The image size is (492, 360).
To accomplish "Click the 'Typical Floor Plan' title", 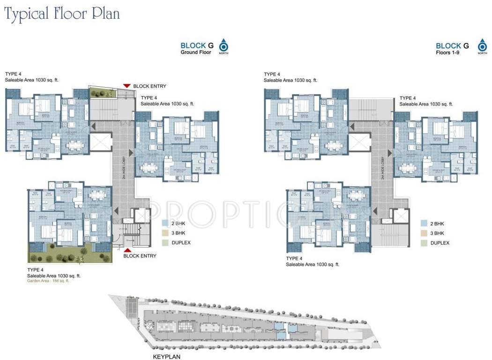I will click(x=62, y=14).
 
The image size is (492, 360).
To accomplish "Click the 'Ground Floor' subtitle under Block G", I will click(x=196, y=52).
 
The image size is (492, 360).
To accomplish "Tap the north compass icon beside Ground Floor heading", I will click(x=224, y=46).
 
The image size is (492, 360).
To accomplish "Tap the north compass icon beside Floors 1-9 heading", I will click(x=482, y=46).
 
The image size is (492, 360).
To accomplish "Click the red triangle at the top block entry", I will click(x=127, y=86).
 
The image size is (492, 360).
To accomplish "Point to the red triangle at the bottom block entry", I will click(x=127, y=250).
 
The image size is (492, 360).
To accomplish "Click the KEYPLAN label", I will click(x=166, y=356).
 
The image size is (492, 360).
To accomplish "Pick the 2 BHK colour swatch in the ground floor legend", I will click(x=165, y=224).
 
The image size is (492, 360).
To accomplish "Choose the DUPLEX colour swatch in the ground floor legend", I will click(x=165, y=243).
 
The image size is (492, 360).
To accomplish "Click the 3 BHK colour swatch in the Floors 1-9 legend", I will click(x=424, y=233).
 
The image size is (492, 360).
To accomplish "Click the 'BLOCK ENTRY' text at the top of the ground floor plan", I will click(x=149, y=86).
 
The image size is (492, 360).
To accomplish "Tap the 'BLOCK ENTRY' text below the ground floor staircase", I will click(x=140, y=256).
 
